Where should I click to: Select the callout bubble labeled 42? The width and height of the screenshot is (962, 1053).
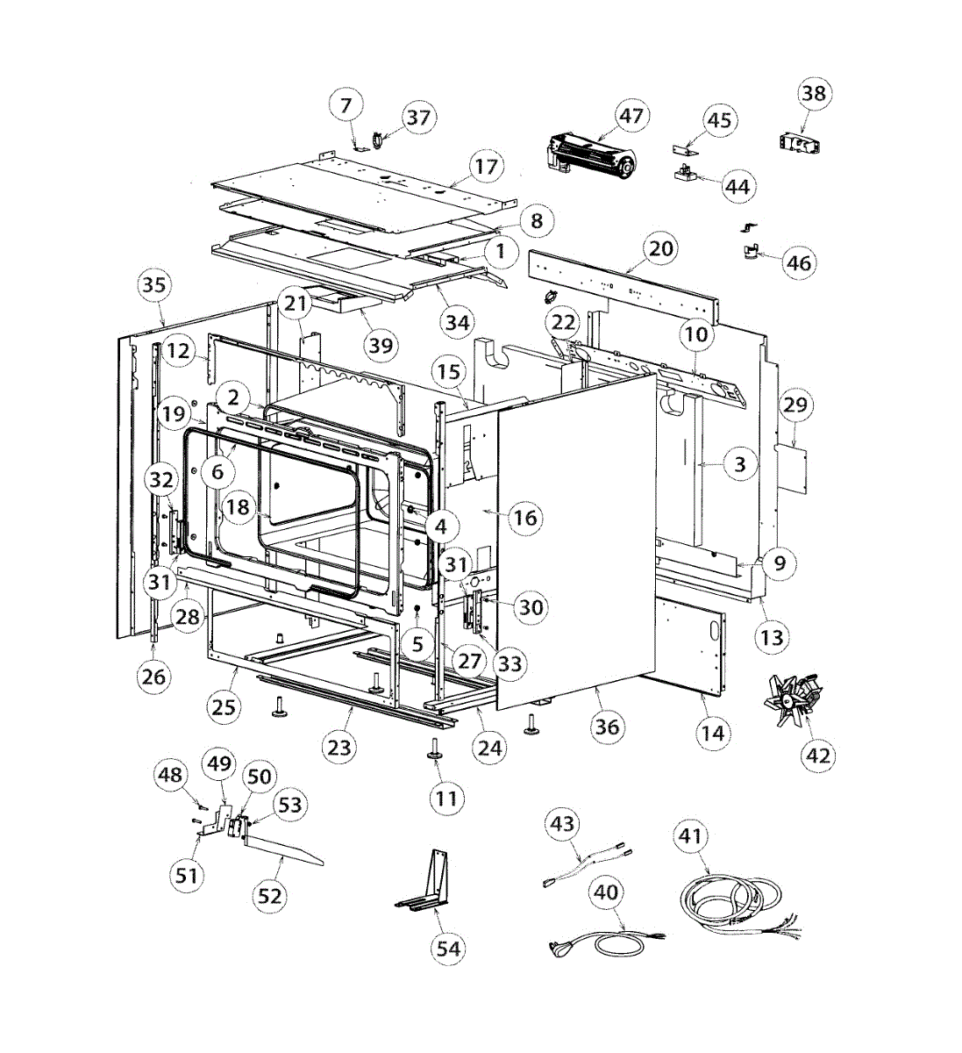click(818, 755)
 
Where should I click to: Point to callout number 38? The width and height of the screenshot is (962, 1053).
click(815, 93)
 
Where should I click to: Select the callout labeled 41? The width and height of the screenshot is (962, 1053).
click(691, 836)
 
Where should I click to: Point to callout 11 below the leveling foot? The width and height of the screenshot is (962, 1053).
click(447, 799)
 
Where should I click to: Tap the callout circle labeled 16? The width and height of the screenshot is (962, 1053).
click(524, 518)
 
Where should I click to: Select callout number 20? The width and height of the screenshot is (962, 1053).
click(662, 248)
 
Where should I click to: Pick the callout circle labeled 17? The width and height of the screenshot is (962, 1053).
click(486, 166)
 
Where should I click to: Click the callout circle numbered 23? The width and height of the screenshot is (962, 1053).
click(339, 747)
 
